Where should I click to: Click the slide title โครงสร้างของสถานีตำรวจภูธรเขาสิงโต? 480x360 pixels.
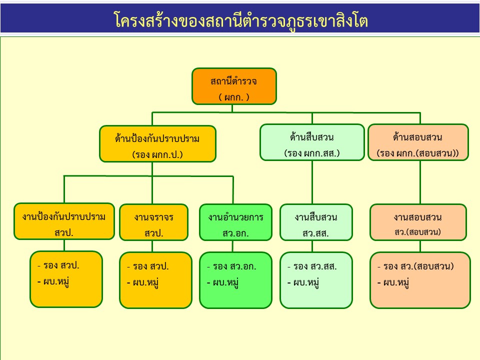click(240, 20)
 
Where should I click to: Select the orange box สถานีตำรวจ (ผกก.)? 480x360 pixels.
click(234, 86)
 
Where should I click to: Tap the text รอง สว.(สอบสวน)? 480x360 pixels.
click(418, 266)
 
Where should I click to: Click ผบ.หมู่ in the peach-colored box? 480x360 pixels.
click(396, 283)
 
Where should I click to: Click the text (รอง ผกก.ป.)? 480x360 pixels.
click(157, 154)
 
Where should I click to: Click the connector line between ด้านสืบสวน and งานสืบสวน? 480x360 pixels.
click(312, 182)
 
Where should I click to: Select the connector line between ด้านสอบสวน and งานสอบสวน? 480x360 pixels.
click(420, 182)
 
